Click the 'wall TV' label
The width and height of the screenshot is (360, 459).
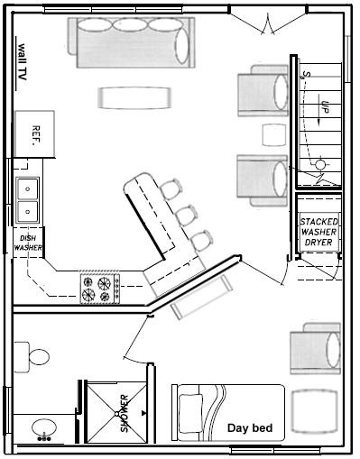pos(23,62)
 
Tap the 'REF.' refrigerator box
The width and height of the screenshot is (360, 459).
pos(35,134)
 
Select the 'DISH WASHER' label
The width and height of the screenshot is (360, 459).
pos(28,243)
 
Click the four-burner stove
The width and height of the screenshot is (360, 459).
pos(100,289)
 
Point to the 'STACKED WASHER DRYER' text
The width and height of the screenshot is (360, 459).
pos(318,232)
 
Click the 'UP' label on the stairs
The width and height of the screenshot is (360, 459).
pos(324,106)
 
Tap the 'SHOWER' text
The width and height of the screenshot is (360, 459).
pos(125,414)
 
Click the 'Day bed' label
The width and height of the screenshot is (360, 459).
pos(250,427)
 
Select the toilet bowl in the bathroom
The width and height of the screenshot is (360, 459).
pos(39,357)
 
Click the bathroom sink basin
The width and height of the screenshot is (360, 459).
pos(44,427)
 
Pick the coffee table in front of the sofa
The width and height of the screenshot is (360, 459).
pos(134,98)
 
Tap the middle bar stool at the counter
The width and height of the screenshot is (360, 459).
pos(187,215)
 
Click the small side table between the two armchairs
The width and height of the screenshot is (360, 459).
pos(273,135)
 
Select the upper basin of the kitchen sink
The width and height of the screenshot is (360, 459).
pos(28,189)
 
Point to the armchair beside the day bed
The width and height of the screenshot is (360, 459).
pos(316,349)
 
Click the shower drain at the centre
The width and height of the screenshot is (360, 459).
pos(116,414)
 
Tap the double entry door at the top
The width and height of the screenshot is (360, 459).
pos(268,23)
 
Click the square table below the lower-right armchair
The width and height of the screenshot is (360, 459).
pos(315,411)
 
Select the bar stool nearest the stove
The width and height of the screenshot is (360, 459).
pos(202,240)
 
